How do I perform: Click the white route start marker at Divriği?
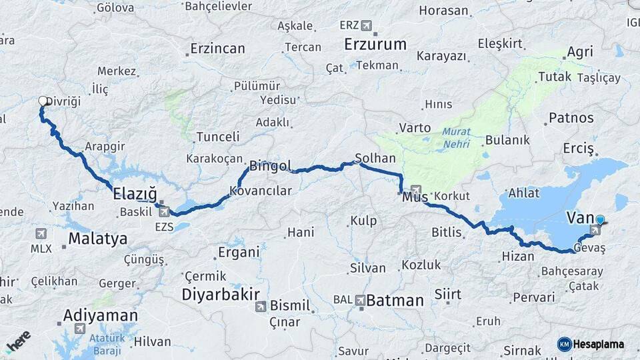43,101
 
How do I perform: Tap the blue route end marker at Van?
600,220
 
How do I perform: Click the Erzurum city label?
375,45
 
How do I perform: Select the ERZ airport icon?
366,25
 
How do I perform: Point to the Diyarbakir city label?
221,294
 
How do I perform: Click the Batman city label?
395,301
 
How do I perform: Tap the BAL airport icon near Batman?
361,300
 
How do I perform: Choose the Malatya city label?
97,239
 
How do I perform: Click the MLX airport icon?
41,233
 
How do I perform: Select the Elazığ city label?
135,194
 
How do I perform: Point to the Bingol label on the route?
270,165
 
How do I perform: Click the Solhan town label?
375,159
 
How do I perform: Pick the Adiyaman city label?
101,315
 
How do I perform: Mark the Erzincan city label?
217,49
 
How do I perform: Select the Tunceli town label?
217,137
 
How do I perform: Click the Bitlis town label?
447,233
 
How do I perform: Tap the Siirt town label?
447,294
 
